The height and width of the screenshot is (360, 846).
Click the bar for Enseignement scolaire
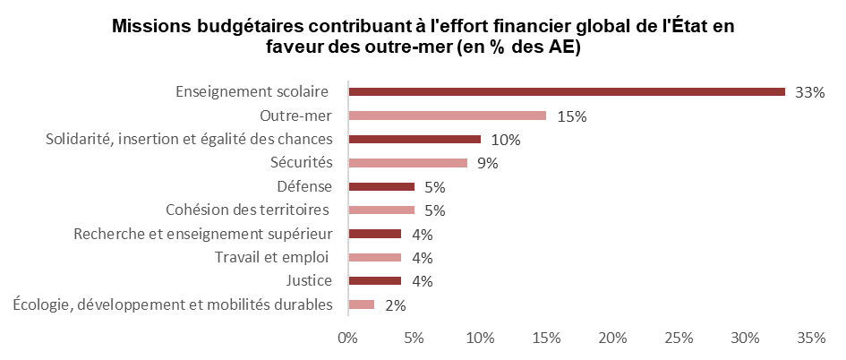coord(566,92)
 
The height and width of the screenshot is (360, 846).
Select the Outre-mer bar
coord(447,116)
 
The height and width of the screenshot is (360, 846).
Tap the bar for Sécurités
coord(407,163)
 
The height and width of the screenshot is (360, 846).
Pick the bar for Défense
coord(381,186)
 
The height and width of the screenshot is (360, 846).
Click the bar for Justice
coord(374,281)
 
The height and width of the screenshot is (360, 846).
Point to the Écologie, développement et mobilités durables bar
coord(361,304)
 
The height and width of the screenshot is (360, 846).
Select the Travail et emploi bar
coord(374,258)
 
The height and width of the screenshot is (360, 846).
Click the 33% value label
coord(809,92)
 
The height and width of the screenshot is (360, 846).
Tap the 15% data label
coord(570,116)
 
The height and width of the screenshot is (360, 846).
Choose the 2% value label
coord(395,305)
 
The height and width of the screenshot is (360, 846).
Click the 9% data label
coord(487,163)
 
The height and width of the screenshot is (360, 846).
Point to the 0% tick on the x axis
coord(347,339)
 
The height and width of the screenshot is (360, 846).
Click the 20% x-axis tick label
coord(612,339)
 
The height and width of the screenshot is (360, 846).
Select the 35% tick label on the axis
coord(811,339)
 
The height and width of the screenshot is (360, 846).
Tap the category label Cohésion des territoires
coord(249,210)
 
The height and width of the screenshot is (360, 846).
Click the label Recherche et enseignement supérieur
coord(203,234)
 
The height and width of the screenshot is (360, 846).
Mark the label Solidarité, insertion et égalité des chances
coord(190,139)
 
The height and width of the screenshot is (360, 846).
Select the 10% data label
coord(506,140)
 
